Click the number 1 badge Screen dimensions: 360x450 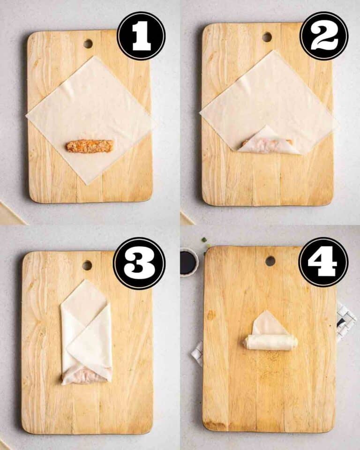[141, 36]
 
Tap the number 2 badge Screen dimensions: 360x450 [324, 36]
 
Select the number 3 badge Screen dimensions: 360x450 [139, 262]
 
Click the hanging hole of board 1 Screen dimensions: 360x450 [88, 44]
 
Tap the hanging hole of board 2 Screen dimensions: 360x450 [267, 37]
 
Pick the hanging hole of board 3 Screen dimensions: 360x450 [87, 265]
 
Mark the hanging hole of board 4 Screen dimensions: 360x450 [270, 261]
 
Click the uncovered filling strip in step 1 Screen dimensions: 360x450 [90, 146]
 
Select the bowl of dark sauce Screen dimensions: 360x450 [189, 262]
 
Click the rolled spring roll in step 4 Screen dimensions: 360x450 [270, 342]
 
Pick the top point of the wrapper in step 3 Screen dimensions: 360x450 [84, 280]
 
